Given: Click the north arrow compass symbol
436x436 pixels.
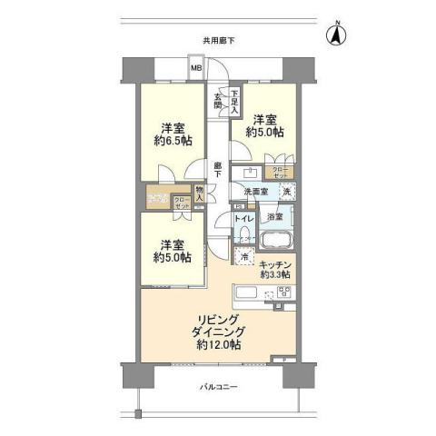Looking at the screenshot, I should coord(334,37).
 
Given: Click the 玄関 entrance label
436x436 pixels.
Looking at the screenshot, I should coord(218,99).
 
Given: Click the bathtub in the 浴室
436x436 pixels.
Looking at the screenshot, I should coord(275,240).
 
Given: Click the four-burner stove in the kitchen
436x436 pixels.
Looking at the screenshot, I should coord(282,292).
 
